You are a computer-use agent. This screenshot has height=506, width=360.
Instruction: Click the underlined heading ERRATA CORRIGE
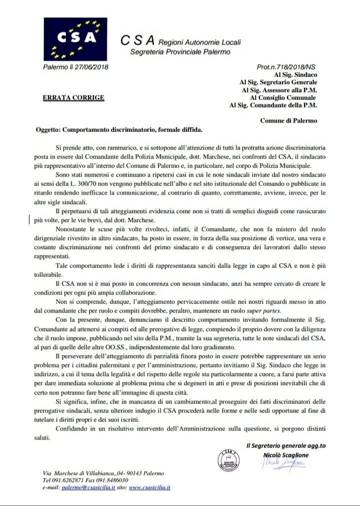pyautogui.click(x=73, y=97)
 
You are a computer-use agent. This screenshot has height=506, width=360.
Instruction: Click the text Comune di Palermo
pyautogui.click(x=288, y=120)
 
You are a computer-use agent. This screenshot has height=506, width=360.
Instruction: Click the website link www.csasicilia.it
pyautogui.click(x=150, y=487)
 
